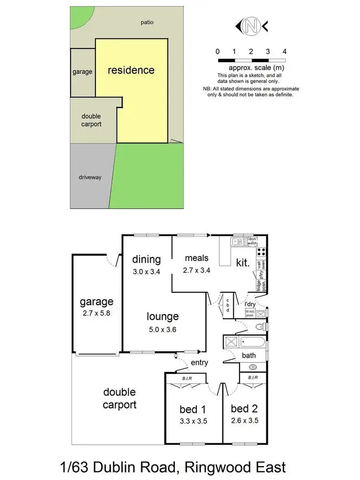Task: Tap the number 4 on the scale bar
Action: click(285, 51)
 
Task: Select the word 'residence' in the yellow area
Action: click(131, 70)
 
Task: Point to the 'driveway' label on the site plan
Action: click(90, 177)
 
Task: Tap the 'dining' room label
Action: click(146, 260)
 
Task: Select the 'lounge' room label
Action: click(163, 316)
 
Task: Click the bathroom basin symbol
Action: click(253, 367)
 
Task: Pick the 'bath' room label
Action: click(249, 356)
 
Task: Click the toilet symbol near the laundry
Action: click(259, 327)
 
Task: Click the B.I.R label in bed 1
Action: click(187, 378)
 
